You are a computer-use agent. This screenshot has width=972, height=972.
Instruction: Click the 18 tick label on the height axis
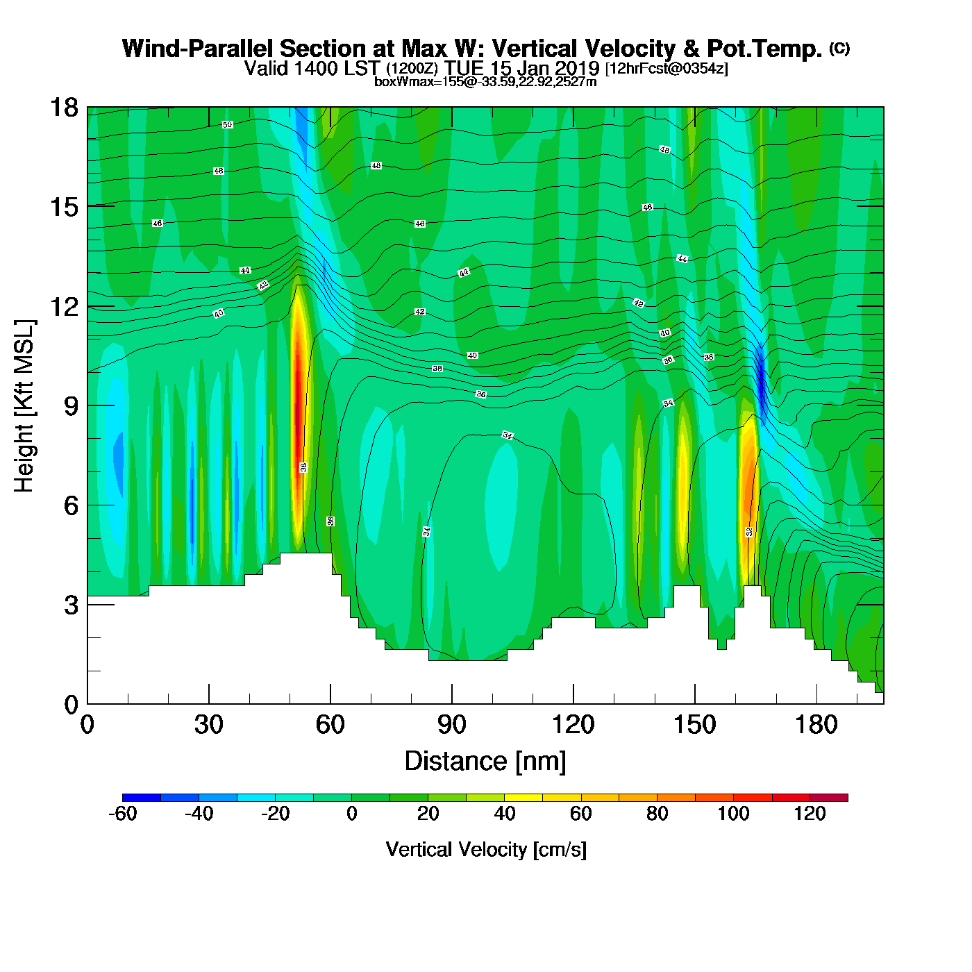[63, 108]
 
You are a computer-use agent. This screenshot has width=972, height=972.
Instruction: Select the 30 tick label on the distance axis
[208, 725]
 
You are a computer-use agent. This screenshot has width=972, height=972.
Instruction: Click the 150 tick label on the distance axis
[694, 725]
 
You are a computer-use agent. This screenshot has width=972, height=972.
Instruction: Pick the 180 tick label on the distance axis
[816, 725]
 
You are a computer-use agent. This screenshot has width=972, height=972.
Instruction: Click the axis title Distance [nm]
[485, 761]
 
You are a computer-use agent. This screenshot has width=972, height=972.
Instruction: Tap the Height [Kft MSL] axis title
[24, 406]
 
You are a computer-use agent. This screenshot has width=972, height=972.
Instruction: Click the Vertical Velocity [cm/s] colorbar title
[485, 849]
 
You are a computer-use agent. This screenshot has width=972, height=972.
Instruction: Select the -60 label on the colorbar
[123, 814]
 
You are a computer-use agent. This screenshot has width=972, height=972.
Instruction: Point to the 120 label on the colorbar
[810, 814]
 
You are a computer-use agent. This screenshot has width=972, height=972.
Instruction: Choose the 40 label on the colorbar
[505, 814]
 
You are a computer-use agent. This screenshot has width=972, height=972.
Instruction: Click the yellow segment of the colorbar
[523, 798]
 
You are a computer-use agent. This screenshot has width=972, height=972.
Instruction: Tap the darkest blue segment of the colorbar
[142, 798]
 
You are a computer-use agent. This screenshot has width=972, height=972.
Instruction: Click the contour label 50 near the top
[227, 125]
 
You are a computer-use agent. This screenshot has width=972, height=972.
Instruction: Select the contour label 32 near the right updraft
[749, 532]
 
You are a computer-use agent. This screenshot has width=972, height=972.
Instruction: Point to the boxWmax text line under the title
[485, 82]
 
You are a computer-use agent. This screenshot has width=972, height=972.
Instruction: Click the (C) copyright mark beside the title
[839, 48]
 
